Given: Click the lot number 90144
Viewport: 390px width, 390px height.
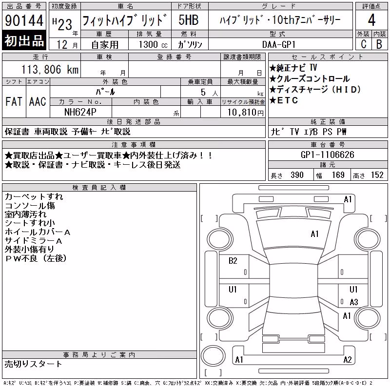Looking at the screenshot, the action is pos(24,20).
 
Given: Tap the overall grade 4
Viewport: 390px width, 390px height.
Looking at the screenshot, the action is pos(371,20).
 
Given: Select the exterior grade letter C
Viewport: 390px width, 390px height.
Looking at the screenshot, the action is pos(364,44).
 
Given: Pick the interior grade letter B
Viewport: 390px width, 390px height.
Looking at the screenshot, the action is pos(379,44).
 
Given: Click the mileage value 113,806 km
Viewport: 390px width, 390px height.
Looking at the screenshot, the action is pos(50,69).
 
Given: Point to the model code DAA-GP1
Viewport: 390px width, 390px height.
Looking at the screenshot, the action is pos(279,44).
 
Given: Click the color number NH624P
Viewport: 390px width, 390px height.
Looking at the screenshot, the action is pos(80,112).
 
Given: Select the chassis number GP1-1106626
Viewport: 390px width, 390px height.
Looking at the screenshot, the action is pos(327,155).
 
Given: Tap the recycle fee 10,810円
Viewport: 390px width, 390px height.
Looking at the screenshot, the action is pos(246,113).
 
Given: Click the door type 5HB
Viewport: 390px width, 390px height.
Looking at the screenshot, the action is pos(189,20).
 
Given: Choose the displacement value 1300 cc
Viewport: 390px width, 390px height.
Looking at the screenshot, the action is pos(153,44).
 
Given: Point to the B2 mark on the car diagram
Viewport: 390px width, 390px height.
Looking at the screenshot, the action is pos(233,261).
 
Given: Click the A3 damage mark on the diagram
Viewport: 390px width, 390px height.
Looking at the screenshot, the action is pos(354,302).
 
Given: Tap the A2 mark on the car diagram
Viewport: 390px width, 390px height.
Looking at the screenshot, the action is pos(348,360).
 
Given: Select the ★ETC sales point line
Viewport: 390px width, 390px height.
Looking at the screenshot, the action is pos(284,100).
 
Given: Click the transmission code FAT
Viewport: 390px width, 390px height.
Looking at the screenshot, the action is pos(14,101).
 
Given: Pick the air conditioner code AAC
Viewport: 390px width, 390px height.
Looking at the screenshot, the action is pos(38,101).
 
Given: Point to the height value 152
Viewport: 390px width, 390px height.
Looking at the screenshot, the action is pos(377,175).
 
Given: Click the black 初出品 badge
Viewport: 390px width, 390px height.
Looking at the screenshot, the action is pos(24,40).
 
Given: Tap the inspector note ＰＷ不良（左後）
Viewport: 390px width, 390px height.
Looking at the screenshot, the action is pos(36,258).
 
